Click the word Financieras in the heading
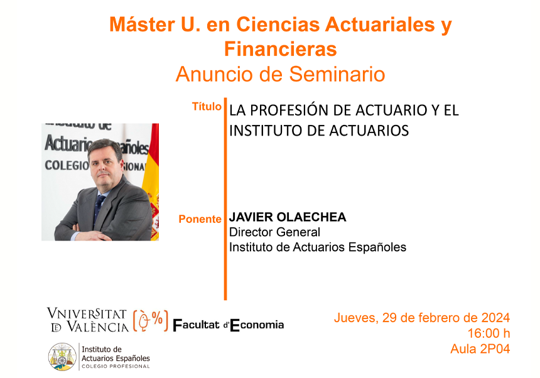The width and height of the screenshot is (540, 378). (x=280, y=49)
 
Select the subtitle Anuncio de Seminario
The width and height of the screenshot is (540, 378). (x=280, y=74)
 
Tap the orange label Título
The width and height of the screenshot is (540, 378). (x=207, y=106)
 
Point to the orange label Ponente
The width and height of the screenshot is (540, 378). (x=200, y=219)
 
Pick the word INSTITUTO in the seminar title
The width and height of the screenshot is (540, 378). (x=263, y=131)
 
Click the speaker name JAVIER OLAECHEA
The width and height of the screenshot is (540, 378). (x=288, y=217)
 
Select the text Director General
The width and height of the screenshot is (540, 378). (x=274, y=232)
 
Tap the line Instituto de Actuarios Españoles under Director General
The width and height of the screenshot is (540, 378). (x=318, y=247)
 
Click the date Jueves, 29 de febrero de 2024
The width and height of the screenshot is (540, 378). (x=422, y=318)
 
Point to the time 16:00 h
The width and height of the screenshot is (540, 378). (x=489, y=333)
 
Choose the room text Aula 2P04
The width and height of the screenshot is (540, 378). (x=480, y=349)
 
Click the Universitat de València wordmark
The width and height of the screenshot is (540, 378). (x=88, y=320)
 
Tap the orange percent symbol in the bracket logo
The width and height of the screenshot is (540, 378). (x=158, y=318)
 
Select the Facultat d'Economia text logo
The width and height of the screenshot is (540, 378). (x=228, y=325)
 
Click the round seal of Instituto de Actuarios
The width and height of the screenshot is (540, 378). (x=62, y=357)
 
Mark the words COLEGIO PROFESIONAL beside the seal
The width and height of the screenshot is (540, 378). (x=116, y=366)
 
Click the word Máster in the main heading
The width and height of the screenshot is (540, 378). (x=142, y=24)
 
